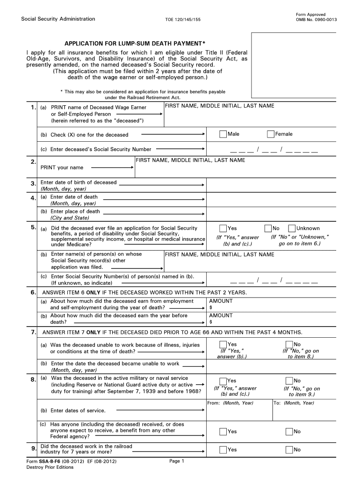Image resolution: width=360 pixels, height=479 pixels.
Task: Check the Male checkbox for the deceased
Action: pos(223,134)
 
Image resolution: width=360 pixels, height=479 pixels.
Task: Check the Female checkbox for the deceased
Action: pos(271,134)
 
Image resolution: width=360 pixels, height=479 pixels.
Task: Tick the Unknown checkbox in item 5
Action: pos(292,228)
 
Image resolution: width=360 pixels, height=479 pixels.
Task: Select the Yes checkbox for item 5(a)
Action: pos(223,228)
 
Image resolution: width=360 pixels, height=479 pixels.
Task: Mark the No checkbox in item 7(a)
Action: pos(289,345)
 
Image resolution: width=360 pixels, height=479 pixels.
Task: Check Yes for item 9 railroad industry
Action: pos(223,450)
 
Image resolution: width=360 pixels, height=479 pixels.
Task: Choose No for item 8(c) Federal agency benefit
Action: pos(289,432)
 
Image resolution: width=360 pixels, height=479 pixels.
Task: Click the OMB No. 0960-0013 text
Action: pos(317,20)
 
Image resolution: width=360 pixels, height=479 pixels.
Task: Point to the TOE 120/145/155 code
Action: pos(183,20)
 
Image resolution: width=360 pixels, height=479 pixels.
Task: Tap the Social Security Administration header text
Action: pos(58,19)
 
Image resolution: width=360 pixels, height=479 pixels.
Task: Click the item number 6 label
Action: pos(33,292)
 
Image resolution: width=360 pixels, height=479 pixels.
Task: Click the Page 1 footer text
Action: pos(177,461)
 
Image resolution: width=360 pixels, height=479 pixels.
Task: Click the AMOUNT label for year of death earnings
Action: pos(221,301)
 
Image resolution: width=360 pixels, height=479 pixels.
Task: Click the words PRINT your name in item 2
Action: pos(62,167)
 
